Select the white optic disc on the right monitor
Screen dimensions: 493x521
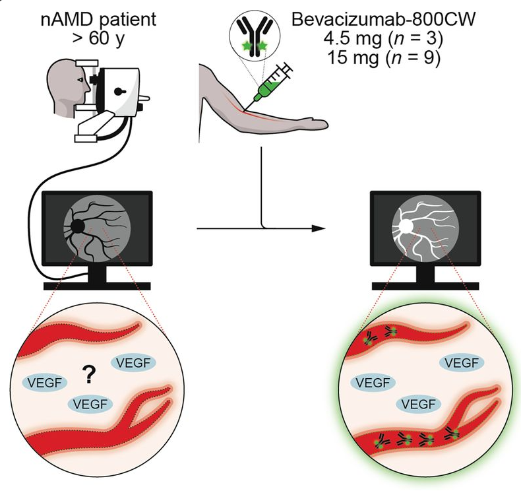point(403,226)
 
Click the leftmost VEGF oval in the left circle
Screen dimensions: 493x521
point(46,381)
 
